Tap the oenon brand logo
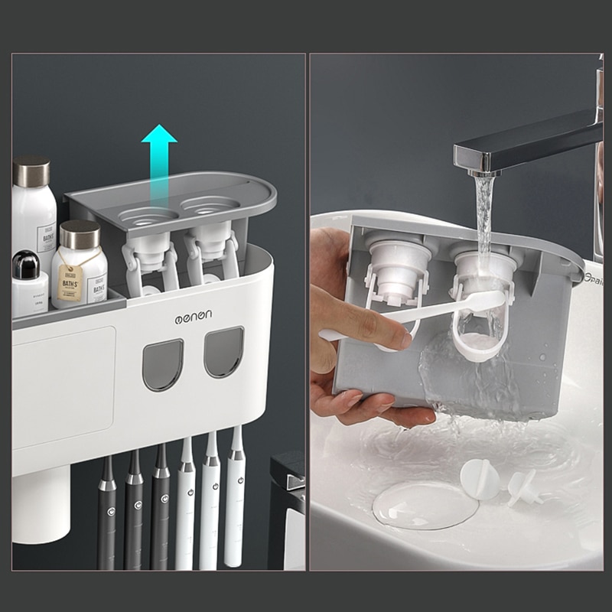click(x=193, y=315)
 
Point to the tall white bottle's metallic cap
click(x=32, y=171)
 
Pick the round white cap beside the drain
click(x=480, y=480)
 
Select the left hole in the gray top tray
click(x=149, y=213)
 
